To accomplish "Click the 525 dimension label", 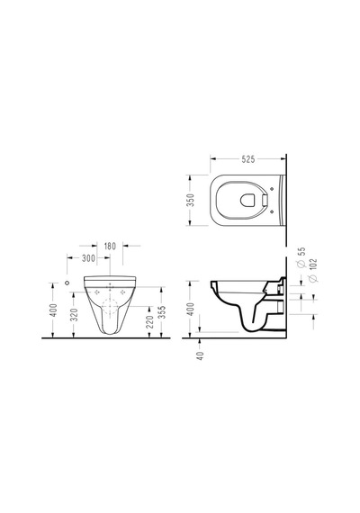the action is tap(248, 159).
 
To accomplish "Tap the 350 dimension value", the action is tap(191, 200).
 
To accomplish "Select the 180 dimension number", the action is tap(110, 246).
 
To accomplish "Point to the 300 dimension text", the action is tap(88, 258).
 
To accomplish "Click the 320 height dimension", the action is tap(75, 314).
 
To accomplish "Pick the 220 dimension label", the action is tap(149, 322).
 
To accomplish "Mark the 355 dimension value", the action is tap(162, 312).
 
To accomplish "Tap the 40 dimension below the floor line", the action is tap(201, 355).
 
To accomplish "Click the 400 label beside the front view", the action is tap(54, 310).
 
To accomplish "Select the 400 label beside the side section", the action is tap(191, 310).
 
